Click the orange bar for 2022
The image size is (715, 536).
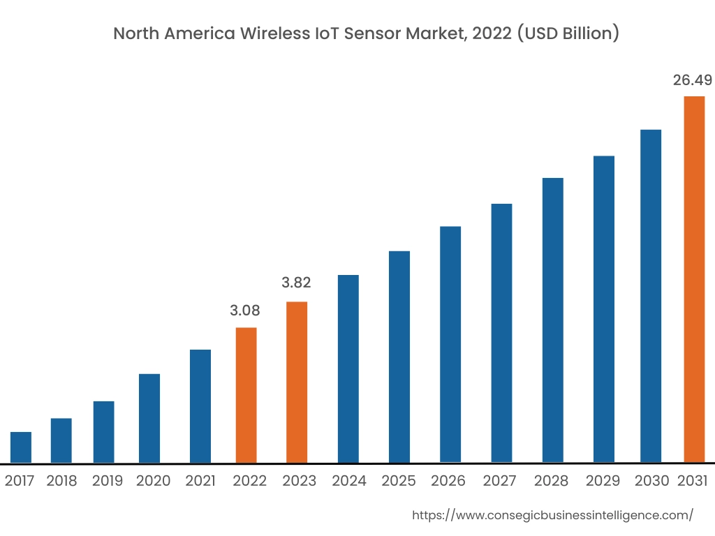click(246, 395)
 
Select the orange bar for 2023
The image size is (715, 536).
click(297, 382)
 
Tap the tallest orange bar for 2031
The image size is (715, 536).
click(694, 279)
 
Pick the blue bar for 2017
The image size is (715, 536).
click(21, 447)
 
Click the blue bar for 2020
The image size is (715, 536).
click(149, 418)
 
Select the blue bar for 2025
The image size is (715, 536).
click(399, 357)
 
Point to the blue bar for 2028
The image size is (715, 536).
click(552, 320)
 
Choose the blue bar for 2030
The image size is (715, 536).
click(651, 296)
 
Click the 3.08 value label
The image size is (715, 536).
click(245, 311)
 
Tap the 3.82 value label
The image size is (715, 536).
click(296, 283)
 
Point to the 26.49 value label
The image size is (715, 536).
click(692, 80)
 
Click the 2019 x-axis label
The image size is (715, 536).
click(107, 481)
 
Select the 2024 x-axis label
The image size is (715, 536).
click(348, 481)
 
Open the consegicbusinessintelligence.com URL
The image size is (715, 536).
click(553, 516)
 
